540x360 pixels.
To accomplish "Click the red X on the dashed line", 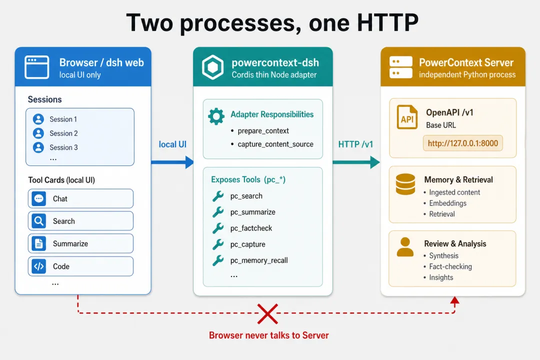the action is [267, 314].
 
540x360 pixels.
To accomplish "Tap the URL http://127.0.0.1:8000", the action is [463, 143].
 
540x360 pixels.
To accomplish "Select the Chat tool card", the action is [80, 198].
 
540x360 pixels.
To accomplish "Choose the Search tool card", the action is [80, 221].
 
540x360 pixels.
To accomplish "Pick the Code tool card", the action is [80, 266].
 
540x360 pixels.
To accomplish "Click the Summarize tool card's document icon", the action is [39, 243].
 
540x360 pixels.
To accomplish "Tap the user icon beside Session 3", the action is [38, 147].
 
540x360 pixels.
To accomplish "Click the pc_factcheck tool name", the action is [251, 228].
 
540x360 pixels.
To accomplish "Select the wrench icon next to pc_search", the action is [217, 196].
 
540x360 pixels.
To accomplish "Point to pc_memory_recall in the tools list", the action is [259, 260].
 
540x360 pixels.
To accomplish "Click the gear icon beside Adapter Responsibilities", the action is [216, 116].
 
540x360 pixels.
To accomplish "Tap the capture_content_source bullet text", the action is [275, 144].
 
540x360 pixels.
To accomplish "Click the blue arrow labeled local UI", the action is [172, 162].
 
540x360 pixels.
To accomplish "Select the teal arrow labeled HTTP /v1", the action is [356, 162].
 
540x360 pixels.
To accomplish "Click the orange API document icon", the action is [406, 117].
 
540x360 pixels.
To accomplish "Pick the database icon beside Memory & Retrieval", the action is [405, 184].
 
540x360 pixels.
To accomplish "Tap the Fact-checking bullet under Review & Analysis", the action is [450, 266].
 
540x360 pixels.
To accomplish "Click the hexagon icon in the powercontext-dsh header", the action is [212, 67].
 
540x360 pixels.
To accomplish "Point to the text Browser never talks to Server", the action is [268, 335].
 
